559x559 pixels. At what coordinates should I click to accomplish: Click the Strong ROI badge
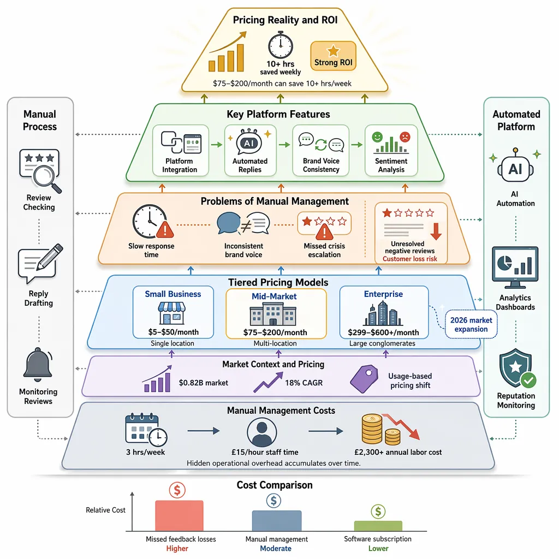tap(333, 56)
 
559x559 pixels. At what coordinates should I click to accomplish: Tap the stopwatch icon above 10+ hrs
tap(281, 45)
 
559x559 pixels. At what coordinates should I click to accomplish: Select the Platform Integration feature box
tap(180, 150)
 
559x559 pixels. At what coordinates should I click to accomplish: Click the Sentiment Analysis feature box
tap(391, 150)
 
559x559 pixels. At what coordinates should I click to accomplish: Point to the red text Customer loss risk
tap(409, 259)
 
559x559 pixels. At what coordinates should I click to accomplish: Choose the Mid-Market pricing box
tap(276, 314)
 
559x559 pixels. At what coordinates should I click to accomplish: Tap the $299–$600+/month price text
tap(383, 332)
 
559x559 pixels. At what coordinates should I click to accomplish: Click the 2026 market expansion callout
tap(471, 324)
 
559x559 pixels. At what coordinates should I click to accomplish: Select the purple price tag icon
tap(364, 379)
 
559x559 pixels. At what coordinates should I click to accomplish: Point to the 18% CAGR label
tap(304, 383)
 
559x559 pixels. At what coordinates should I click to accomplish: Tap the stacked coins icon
tap(380, 430)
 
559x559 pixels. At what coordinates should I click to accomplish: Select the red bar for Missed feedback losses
tap(179, 516)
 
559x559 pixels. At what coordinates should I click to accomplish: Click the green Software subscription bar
tap(378, 526)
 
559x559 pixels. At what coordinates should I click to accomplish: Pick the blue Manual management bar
tap(277, 521)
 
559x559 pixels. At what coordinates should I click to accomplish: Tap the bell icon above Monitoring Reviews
tap(38, 365)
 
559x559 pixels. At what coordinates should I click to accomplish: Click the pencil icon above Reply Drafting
tap(50, 257)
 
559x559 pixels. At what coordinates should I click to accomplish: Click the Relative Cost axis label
tap(105, 510)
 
